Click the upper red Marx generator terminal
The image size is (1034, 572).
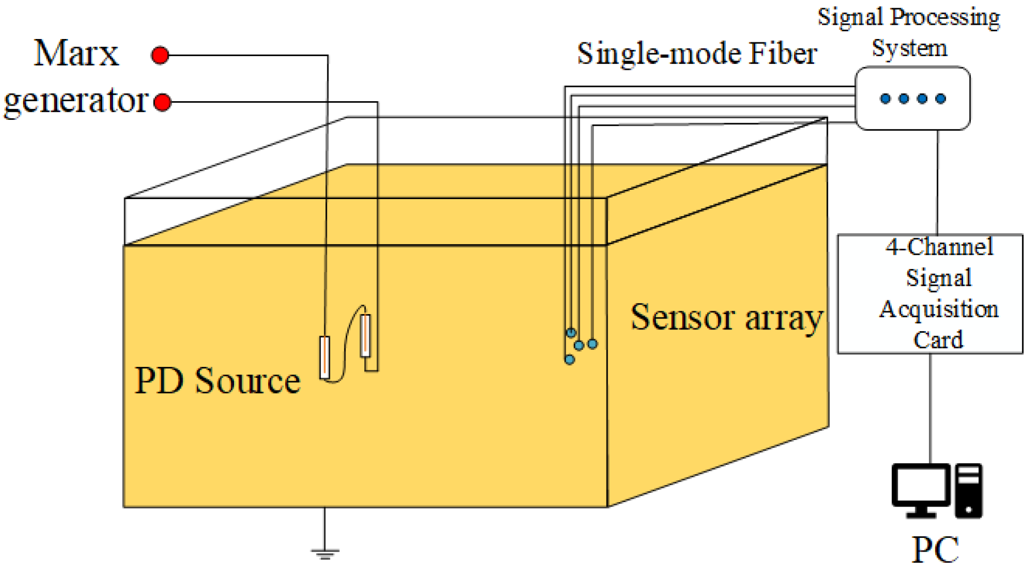click(160, 55)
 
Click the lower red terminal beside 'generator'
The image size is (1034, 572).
click(162, 102)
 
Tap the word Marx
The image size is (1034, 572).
click(76, 54)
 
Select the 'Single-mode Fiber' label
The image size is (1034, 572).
click(696, 54)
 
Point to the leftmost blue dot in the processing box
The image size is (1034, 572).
click(885, 99)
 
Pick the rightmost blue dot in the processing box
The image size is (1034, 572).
click(941, 99)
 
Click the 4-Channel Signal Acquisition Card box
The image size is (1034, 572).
click(930, 294)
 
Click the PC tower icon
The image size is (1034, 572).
click(969, 491)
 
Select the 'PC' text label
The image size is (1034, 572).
click(935, 549)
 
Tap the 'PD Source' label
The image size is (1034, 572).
click(218, 381)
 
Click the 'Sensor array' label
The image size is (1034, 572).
click(726, 318)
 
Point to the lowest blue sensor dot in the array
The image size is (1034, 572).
click(569, 360)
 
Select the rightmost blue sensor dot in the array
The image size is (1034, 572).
click(592, 344)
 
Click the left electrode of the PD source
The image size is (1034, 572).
click(325, 357)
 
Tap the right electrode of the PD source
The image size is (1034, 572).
click(365, 335)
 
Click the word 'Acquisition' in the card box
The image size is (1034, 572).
click(938, 309)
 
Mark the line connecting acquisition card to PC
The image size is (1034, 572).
click(930, 407)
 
